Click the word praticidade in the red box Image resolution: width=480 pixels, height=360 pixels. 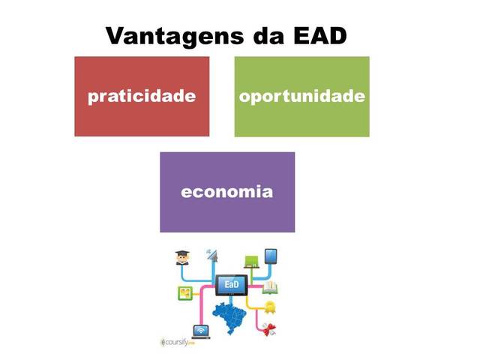click(142, 97)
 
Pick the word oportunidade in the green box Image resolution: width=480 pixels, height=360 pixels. click(301, 97)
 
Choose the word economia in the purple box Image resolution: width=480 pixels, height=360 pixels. click(226, 191)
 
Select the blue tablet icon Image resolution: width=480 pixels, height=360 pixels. click(271, 257)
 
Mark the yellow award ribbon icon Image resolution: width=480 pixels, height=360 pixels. click(271, 307)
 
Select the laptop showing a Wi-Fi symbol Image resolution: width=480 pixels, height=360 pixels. click(201, 331)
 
